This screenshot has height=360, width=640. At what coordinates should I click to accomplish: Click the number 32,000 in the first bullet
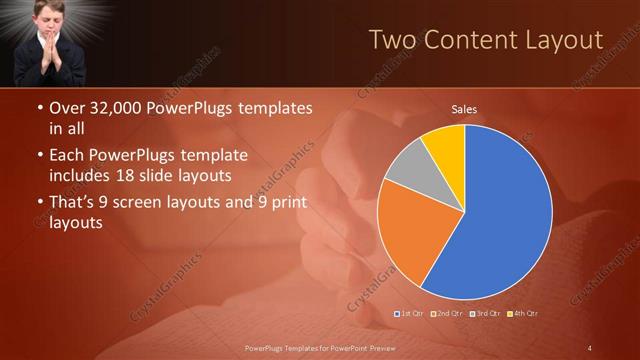click(x=114, y=108)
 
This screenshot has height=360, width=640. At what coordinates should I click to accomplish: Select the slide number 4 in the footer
click(x=590, y=347)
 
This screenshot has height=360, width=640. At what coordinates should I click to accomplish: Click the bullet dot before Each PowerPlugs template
click(x=39, y=157)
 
